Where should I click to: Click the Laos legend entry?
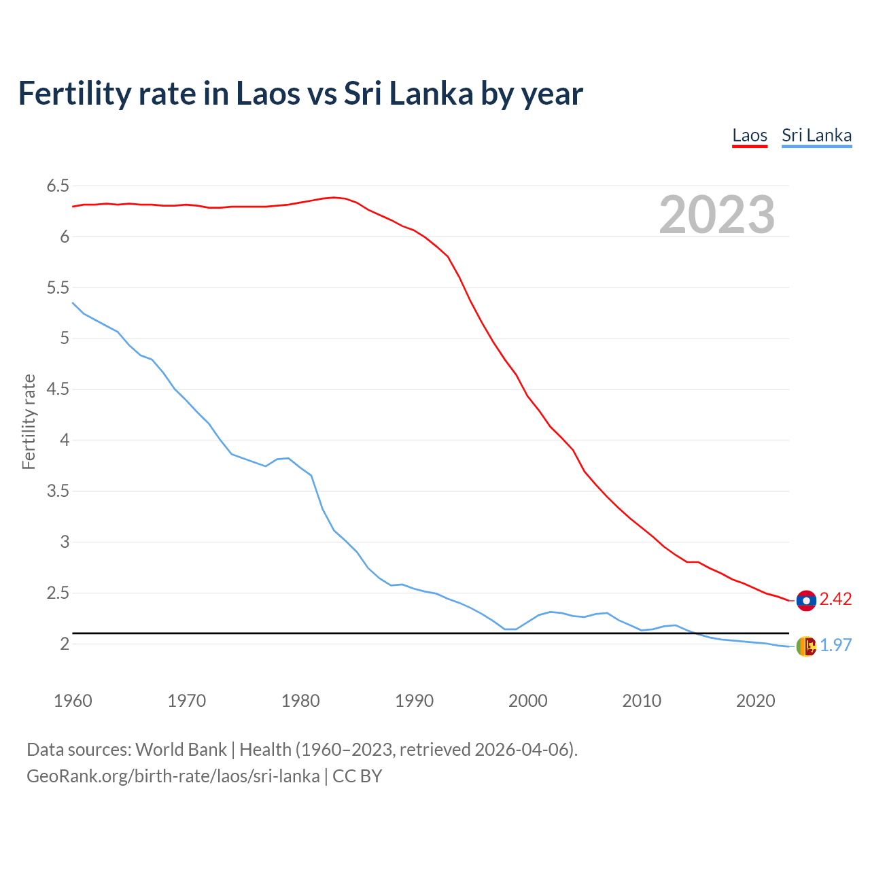tap(750, 135)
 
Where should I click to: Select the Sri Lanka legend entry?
tap(816, 135)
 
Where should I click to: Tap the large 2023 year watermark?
tap(717, 215)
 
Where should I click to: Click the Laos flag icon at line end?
tap(806, 600)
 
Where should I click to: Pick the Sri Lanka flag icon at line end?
tap(806, 646)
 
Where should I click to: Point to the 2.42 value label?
tap(835, 599)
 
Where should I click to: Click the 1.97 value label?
tap(835, 645)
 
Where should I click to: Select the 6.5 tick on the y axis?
tap(58, 186)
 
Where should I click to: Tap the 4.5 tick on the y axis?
tap(58, 389)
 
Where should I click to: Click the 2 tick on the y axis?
tap(65, 644)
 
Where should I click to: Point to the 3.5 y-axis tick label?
tap(58, 491)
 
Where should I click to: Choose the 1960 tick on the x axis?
tap(73, 701)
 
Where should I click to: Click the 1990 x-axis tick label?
tap(414, 701)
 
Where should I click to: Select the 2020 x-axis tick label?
tap(755, 701)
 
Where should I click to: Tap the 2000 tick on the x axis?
tap(527, 701)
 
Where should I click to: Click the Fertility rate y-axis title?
tap(29, 421)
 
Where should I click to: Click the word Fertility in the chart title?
tap(74, 93)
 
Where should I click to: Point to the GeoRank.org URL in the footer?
tap(173, 776)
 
